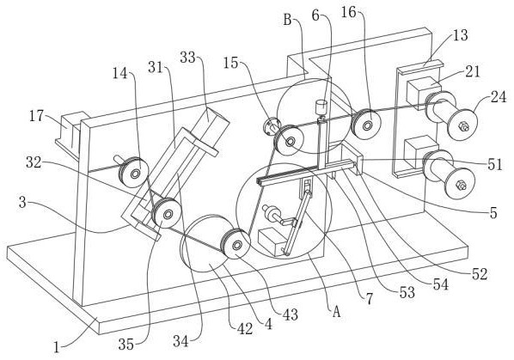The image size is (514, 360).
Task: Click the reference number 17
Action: (36, 116)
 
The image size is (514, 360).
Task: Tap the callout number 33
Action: (187, 58)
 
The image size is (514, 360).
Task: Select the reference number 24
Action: (499, 97)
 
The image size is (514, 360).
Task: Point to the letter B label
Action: (287, 20)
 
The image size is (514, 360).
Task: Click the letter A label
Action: (336, 312)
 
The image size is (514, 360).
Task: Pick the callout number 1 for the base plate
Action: (57, 347)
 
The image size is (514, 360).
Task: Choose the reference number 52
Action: (480, 274)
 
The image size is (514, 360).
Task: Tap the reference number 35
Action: (125, 344)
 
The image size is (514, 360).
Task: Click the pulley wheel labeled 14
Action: (133, 172)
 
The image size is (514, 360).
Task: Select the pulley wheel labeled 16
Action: (366, 124)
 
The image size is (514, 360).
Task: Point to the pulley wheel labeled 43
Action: (236, 244)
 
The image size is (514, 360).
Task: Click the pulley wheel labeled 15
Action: (289, 140)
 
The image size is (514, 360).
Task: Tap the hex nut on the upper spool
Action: (463, 126)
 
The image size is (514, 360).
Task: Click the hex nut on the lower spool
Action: (462, 186)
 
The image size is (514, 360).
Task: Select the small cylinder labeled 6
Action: (321, 107)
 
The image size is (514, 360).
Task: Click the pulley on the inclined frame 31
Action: (167, 213)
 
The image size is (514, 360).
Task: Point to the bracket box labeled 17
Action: (70, 133)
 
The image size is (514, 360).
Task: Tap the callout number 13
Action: (460, 35)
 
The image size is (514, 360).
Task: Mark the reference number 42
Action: (245, 328)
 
